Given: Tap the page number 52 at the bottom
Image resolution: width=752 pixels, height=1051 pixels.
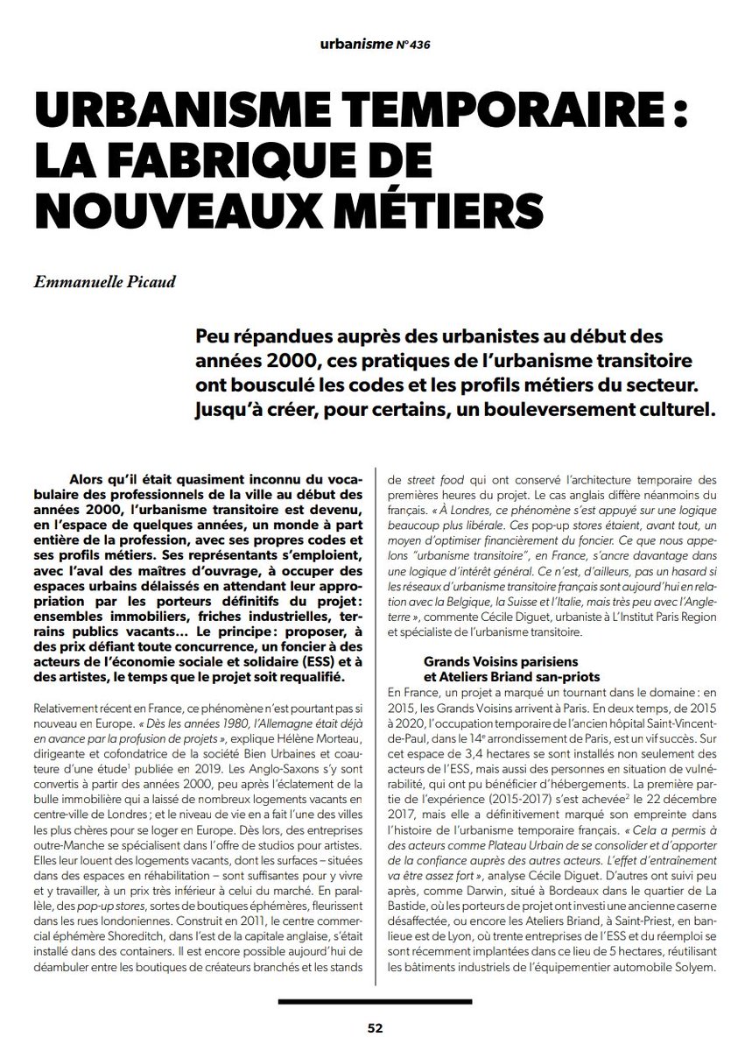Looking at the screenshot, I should click(x=375, y=1026).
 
